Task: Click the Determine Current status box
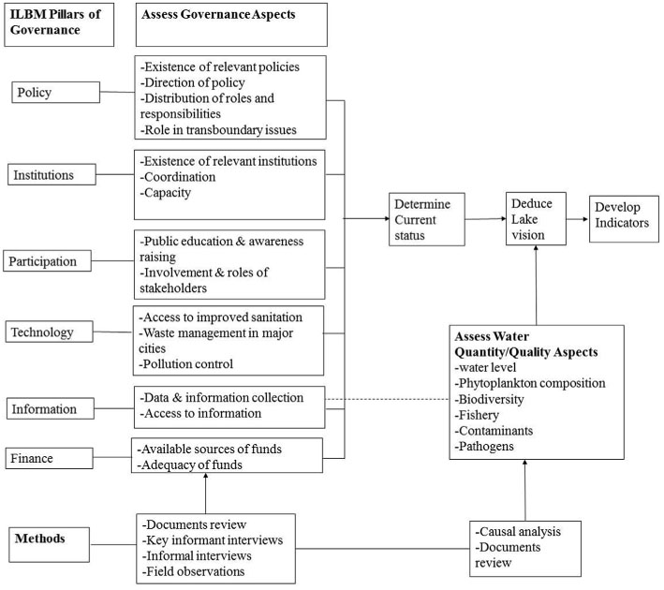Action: tap(427, 219)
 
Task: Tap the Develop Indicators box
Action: tap(625, 219)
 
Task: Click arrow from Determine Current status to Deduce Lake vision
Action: tap(484, 219)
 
